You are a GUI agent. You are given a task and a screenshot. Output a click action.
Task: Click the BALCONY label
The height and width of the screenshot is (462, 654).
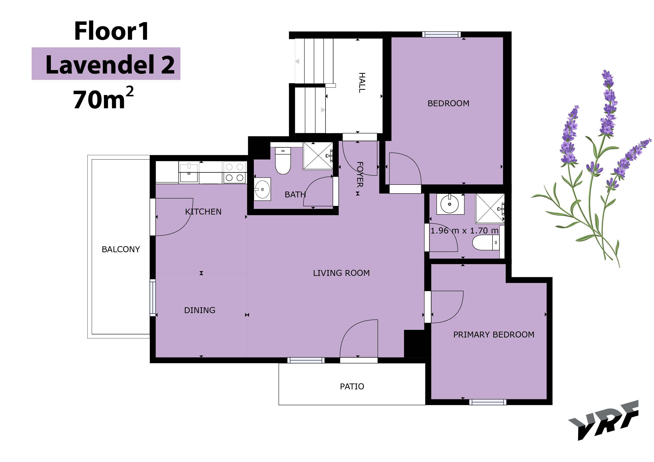pyautogui.click(x=121, y=249)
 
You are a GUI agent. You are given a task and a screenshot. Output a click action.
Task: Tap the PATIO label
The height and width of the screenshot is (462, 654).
pyautogui.click(x=352, y=387)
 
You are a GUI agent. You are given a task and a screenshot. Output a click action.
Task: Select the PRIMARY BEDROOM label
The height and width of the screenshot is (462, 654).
pyautogui.click(x=494, y=335)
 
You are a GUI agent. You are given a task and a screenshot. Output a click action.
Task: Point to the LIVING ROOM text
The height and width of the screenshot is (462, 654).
pyautogui.click(x=341, y=273)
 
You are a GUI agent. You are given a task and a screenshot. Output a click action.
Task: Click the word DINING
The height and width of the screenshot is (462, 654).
pyautogui.click(x=200, y=310)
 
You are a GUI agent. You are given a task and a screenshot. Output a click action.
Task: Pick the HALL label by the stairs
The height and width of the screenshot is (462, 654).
pyautogui.click(x=362, y=83)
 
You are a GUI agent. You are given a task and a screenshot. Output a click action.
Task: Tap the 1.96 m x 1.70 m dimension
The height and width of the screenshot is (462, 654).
pyautogui.click(x=464, y=231)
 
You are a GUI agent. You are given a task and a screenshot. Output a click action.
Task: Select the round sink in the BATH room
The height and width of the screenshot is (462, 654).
pyautogui.click(x=262, y=189)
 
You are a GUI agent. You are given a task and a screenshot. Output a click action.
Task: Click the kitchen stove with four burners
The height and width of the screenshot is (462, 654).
pyautogui.click(x=234, y=172)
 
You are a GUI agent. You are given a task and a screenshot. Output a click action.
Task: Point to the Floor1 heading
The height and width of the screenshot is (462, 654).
pyautogui.click(x=111, y=31)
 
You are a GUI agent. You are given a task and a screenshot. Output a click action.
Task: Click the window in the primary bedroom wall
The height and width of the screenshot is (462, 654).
pyautogui.click(x=488, y=402)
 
